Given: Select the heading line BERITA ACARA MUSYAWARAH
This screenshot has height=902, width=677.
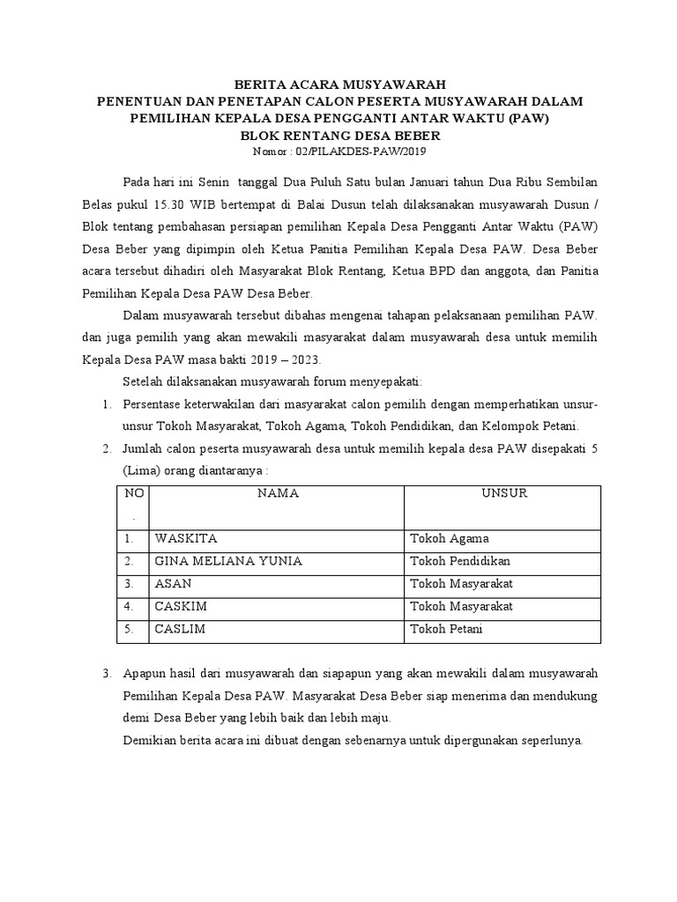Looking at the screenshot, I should coord(339,85).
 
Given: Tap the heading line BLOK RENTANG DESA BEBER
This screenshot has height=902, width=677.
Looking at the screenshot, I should coord(339,137).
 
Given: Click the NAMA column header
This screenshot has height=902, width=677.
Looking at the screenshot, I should coord(278,493).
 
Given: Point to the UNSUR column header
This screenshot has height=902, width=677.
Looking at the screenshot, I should coord(503,493).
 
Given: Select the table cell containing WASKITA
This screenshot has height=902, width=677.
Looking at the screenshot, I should coord(186,538).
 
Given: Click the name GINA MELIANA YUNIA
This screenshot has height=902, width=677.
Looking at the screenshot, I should coord(228,561).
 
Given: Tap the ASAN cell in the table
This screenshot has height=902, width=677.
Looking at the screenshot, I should coord(174,584).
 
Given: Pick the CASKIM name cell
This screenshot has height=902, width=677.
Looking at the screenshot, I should coord(181,607).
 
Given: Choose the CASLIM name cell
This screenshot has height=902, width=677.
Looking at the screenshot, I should coord(181,630).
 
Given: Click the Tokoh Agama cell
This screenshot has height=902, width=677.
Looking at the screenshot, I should coord(448,538).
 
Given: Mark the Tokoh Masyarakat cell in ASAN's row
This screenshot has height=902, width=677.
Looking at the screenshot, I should coord(462,584).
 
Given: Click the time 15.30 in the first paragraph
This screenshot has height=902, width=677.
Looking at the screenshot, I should coord(171,202).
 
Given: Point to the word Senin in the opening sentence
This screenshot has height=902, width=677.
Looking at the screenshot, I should coord(212,182).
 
